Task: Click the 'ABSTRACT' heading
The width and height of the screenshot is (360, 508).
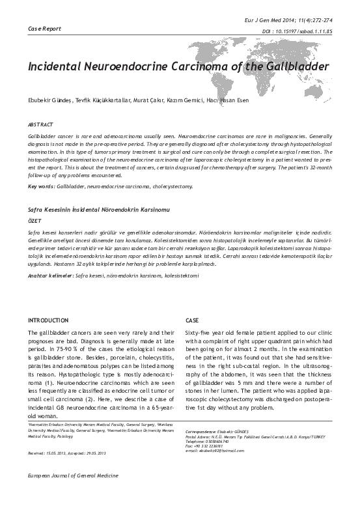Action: pyautogui.click(x=40, y=124)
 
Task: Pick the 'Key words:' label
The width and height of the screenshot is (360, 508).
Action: pyautogui.click(x=41, y=186)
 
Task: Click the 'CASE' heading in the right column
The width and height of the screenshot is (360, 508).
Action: pyautogui.click(x=192, y=321)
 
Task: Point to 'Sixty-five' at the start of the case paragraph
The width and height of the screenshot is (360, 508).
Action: pyautogui.click(x=199, y=332)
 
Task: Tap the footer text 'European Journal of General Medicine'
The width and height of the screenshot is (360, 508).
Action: pyautogui.click(x=67, y=496)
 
